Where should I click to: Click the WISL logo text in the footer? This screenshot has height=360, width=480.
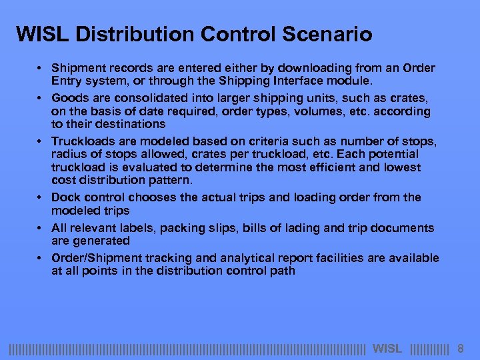tap(387, 349)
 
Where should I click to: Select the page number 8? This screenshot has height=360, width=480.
tap(460, 349)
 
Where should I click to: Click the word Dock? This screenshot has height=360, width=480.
tap(65, 197)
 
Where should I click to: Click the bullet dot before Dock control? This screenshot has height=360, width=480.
tap(41, 198)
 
